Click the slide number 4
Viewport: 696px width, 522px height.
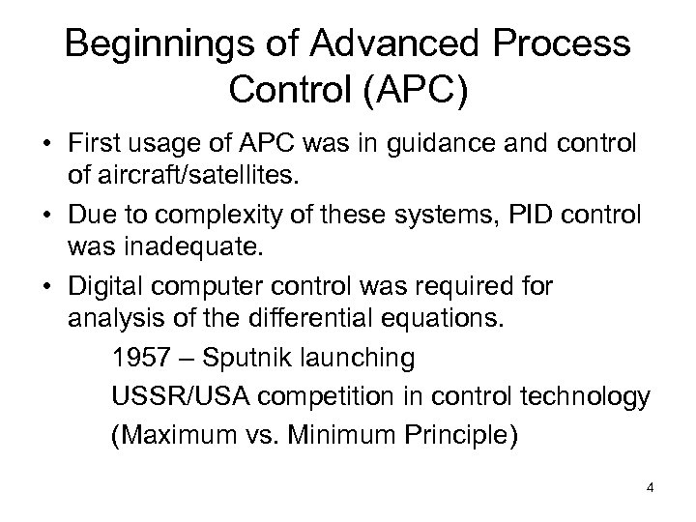click(651, 486)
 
